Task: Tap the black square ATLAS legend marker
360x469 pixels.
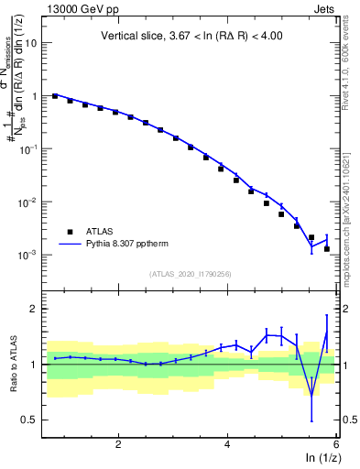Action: coord(69,232)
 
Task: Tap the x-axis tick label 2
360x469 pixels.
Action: coord(118,443)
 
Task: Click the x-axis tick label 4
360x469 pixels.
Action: coord(227,443)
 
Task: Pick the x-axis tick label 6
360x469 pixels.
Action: coord(336,443)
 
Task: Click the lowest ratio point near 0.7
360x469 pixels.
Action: coord(311,396)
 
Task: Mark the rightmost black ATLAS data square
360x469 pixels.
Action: coord(327,248)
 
